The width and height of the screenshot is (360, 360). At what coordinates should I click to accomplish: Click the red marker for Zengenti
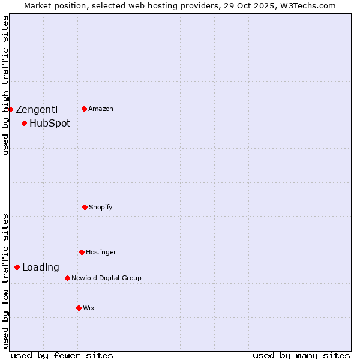(10, 109)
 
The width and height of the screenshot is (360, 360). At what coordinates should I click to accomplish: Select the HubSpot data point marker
(24, 124)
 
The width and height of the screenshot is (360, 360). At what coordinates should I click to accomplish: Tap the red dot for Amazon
(84, 109)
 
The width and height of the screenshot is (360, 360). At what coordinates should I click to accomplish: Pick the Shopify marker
(85, 207)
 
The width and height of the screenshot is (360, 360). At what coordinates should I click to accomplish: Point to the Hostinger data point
(82, 252)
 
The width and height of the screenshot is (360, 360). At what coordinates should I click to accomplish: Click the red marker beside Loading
(17, 267)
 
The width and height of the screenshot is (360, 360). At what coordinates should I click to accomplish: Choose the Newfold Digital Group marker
(67, 278)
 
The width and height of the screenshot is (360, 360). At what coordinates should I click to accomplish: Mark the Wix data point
(79, 308)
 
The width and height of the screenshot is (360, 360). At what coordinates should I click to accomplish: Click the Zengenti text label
(37, 109)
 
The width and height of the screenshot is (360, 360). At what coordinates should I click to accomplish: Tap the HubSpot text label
(50, 124)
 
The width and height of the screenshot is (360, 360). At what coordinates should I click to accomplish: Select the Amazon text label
(101, 109)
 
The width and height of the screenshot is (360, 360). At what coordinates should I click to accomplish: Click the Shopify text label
(101, 207)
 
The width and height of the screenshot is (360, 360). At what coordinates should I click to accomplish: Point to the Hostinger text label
(101, 252)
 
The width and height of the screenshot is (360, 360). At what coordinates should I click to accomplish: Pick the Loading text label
(41, 268)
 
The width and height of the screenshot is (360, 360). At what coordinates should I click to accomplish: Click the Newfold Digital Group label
(106, 278)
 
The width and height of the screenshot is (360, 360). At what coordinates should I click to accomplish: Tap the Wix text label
(89, 308)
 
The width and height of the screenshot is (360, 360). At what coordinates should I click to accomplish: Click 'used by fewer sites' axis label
(62, 355)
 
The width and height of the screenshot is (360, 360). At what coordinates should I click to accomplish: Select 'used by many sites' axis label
(301, 355)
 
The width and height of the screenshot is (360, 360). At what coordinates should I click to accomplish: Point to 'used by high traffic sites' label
(5, 85)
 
